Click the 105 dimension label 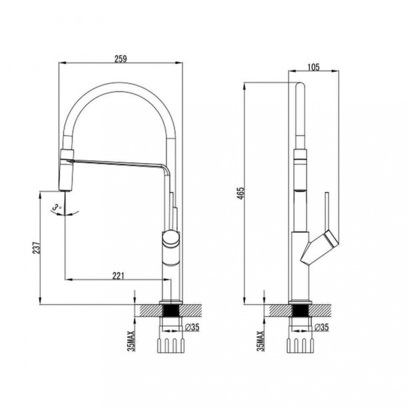(313, 68)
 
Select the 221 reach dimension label (118, 276)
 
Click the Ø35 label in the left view (192, 328)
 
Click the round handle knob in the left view (171, 237)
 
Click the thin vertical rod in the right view (327, 210)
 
